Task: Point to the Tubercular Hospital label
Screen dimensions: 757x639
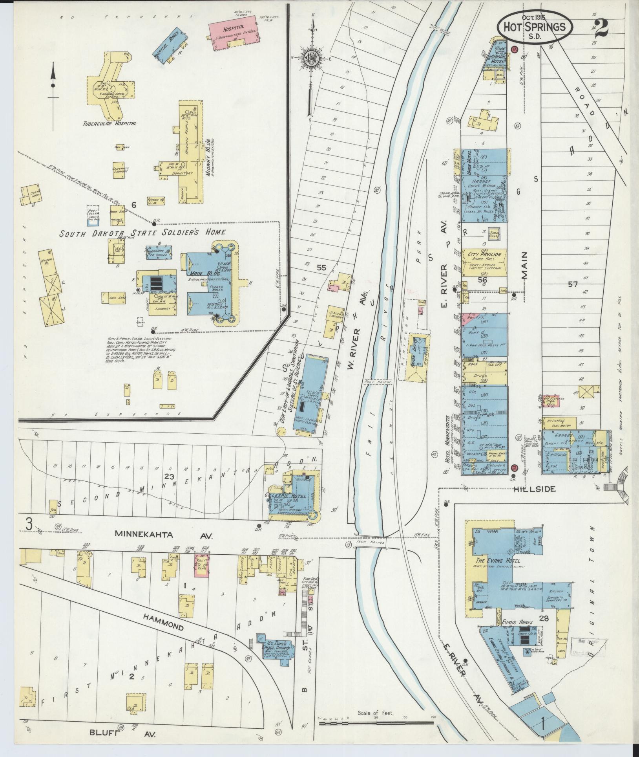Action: tap(110, 123)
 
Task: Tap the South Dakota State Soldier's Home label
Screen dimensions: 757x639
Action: tap(142, 233)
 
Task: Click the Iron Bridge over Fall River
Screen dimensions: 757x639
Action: tap(371, 543)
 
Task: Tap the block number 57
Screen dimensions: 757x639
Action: tap(573, 284)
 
